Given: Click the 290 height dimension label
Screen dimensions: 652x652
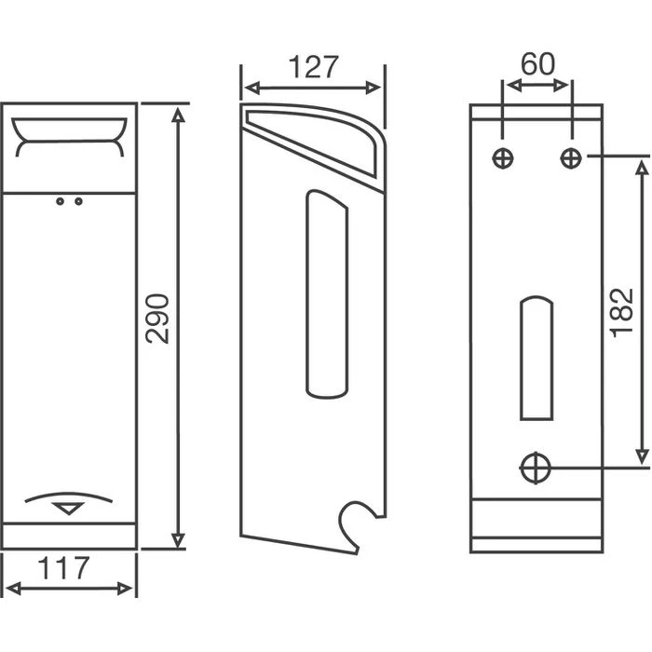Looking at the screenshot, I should (x=159, y=319).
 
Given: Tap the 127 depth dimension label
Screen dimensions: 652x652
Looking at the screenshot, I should (x=312, y=67).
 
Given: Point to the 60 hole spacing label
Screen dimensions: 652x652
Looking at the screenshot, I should (x=536, y=64).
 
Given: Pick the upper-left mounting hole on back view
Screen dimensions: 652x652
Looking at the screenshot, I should (x=503, y=158).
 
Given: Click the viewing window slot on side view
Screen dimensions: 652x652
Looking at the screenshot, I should (x=327, y=292).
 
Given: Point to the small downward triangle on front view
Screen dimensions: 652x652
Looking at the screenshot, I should (x=70, y=509).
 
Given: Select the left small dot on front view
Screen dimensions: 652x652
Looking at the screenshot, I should (x=61, y=200).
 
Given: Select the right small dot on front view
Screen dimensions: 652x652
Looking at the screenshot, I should (x=78, y=200).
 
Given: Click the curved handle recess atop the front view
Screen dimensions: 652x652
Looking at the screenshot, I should (x=70, y=137).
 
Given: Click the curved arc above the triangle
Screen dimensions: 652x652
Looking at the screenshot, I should (x=70, y=495).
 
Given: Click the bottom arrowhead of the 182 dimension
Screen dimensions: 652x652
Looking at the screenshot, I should (x=642, y=455).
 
